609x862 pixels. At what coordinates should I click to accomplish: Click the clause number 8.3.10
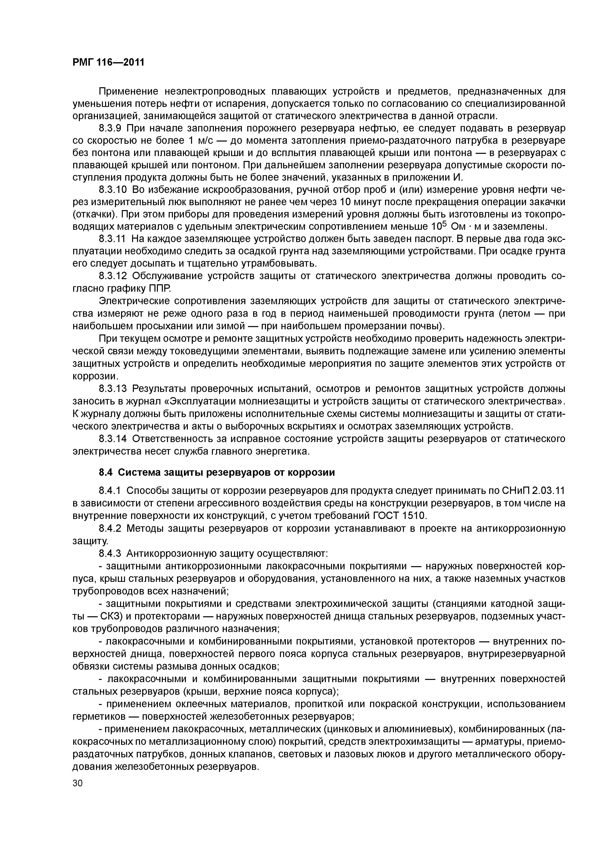point(113,190)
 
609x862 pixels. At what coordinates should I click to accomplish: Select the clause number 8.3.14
point(113,439)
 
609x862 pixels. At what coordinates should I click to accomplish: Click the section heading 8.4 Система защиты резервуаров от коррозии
point(217,472)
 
